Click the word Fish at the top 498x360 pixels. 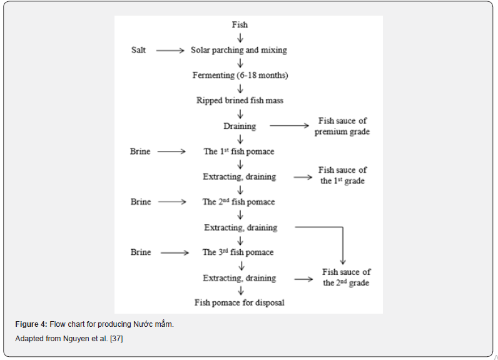coord(240,25)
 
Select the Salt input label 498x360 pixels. coord(138,50)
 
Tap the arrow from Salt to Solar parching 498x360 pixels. coord(170,51)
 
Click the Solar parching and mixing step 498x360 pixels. coord(239,50)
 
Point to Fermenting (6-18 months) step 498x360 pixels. coord(240,76)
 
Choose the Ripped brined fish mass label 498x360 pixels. coord(240,101)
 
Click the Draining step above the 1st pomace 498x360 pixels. coord(240,126)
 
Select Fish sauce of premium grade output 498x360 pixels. coord(342,126)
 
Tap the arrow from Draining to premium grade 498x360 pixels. coord(289,126)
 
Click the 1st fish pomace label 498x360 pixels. coord(239,152)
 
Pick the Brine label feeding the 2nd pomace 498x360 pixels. coord(141,202)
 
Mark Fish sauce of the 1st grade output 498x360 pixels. coord(342,175)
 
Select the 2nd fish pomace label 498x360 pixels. coord(238,202)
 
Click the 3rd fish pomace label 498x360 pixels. coord(238,252)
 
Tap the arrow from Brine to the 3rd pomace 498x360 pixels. coord(175,253)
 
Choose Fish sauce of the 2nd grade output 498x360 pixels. coord(346,277)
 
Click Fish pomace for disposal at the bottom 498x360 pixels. coord(240,303)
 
